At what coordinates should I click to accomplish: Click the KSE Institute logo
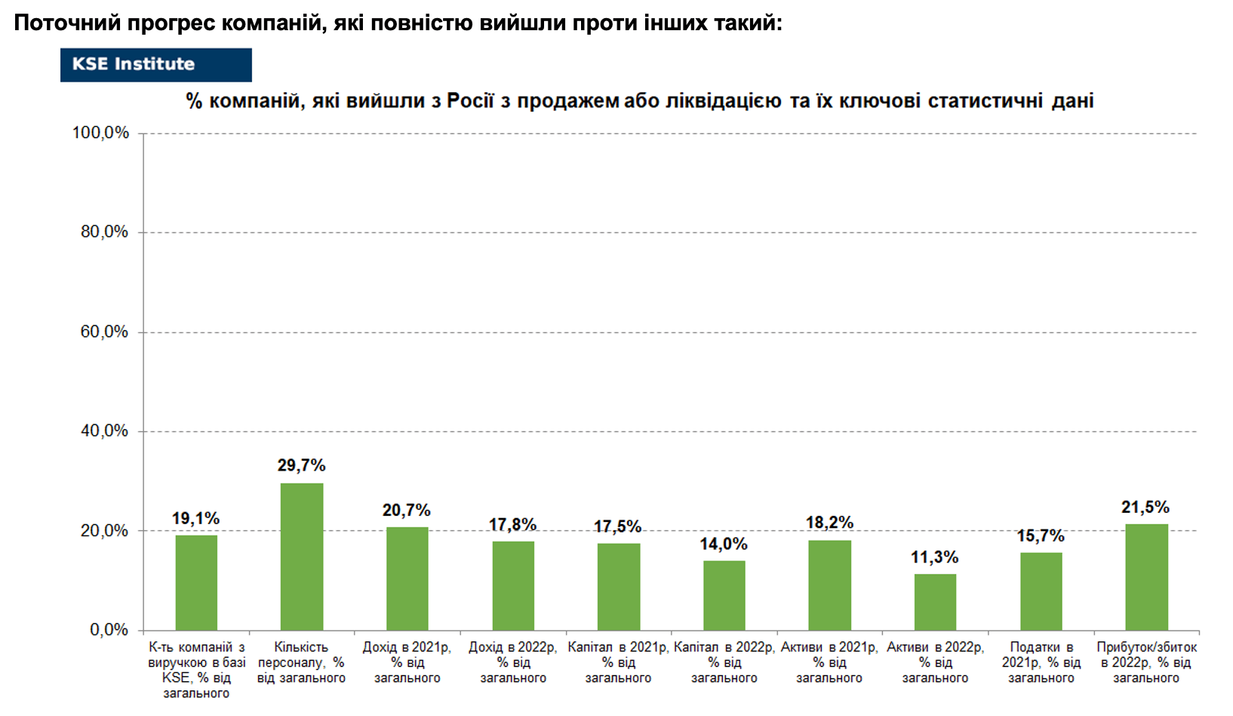pos(155,65)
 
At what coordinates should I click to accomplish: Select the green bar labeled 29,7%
pos(302,557)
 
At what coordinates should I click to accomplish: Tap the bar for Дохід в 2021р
pos(407,579)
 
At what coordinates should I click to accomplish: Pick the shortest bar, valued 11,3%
pos(935,602)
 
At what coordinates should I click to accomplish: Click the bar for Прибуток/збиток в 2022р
pos(1146,577)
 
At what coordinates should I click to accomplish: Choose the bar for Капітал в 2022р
pos(724,595)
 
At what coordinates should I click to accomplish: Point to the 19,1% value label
pos(195,518)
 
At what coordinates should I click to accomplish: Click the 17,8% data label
pos(512,525)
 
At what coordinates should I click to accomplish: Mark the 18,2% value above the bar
pos(829,522)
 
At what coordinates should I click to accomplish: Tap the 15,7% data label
pos(1041,535)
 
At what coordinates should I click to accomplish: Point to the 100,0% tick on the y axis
pos(100,133)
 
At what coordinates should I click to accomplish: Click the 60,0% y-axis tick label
pos(105,332)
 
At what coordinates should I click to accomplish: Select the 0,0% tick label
pos(109,630)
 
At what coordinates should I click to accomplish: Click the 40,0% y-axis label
pos(105,431)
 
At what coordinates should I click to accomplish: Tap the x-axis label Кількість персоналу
pos(302,662)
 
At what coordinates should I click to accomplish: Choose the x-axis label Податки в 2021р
pos(1041,662)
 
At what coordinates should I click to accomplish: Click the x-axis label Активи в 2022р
pos(935,662)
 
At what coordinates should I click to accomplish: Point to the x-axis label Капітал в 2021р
pos(618,662)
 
